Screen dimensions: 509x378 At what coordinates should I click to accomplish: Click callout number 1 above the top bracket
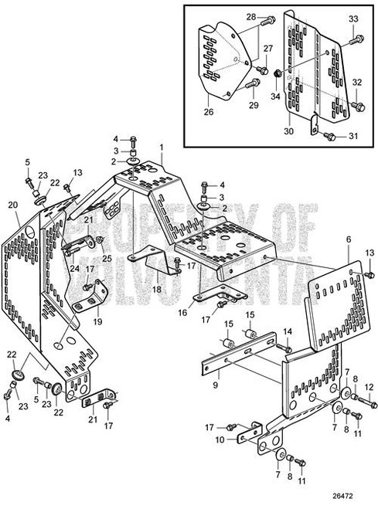162,147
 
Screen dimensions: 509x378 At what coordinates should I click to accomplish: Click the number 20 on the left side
12,205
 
